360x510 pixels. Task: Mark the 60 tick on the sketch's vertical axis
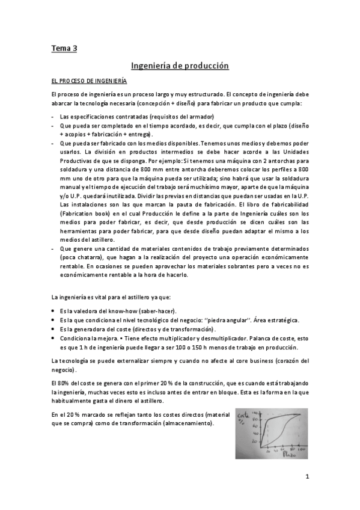(x=256, y=425)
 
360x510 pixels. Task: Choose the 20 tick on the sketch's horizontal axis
(x=260, y=449)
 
